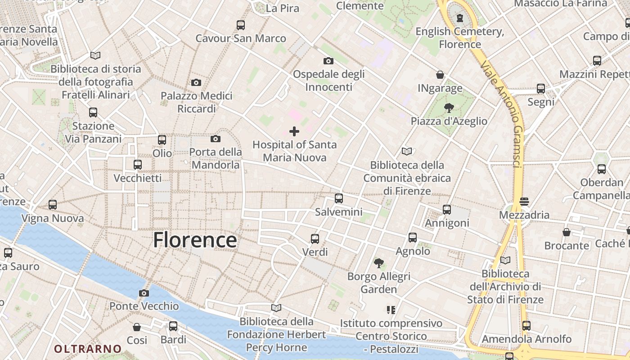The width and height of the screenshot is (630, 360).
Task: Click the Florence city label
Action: pos(195,240)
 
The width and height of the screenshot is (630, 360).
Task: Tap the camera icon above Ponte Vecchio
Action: pos(144,293)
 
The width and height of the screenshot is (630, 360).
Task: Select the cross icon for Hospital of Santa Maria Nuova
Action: pos(294,131)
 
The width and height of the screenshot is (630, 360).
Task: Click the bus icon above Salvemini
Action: pos(339,198)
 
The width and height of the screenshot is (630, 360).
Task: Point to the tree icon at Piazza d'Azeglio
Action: pos(449,108)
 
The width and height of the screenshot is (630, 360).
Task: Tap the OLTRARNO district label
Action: pos(88,349)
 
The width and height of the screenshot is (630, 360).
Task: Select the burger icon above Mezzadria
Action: pos(524,201)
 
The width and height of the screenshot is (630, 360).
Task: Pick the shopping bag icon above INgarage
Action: pos(440,75)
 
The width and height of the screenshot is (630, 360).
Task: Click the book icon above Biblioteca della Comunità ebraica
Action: pos(407,152)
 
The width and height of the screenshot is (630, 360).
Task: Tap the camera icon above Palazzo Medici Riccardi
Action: pos(196,82)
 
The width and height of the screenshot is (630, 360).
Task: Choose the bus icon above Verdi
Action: pos(315,238)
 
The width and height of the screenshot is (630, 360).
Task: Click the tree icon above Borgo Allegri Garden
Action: pos(379,262)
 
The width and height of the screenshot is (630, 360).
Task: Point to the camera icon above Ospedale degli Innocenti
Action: pos(328,61)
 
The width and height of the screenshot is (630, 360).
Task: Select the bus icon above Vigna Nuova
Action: pos(53,205)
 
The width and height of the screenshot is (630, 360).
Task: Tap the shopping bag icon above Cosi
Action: pos(137,327)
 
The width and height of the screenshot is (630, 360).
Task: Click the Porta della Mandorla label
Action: pos(216,158)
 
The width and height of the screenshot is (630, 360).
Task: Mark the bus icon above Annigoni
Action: pos(447,209)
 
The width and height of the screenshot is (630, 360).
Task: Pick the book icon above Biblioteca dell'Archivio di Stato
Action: pos(505,260)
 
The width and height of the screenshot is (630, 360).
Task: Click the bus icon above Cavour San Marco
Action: pos(241,25)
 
